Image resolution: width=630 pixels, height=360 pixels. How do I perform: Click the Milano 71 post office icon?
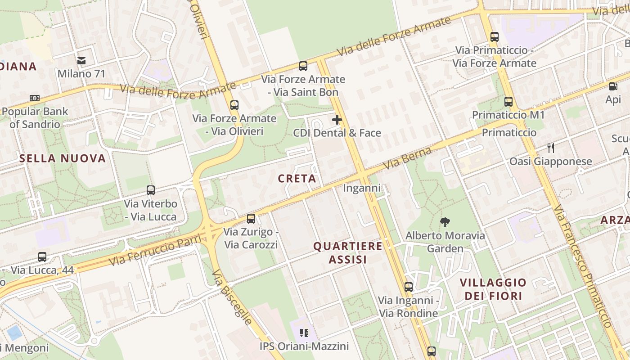click(x=81, y=60)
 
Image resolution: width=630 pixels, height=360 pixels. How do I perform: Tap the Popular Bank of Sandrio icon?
click(x=35, y=98)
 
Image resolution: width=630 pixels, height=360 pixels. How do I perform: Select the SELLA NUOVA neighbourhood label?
click(x=63, y=158)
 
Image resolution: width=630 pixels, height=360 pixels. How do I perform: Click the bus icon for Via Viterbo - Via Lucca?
click(x=151, y=190)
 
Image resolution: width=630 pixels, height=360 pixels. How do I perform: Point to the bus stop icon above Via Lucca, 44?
click(x=42, y=257)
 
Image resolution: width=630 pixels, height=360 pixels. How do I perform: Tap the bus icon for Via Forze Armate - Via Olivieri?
click(x=234, y=105)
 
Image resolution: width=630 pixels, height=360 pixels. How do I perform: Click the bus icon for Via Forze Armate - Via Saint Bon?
click(x=303, y=66)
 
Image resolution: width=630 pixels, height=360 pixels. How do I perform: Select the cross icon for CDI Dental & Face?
click(x=337, y=120)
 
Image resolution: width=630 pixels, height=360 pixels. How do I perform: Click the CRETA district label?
click(x=297, y=179)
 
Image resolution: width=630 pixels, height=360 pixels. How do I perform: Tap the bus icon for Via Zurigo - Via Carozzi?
click(x=251, y=219)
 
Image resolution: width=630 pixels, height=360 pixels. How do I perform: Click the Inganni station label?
click(x=362, y=188)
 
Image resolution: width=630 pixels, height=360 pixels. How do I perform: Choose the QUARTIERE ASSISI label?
click(x=348, y=253)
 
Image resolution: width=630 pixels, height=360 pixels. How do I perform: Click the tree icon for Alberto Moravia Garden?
click(x=445, y=222)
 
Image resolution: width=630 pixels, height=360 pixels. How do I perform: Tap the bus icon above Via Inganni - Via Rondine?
click(x=409, y=287)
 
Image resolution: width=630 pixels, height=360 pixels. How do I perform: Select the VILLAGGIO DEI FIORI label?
click(x=493, y=289)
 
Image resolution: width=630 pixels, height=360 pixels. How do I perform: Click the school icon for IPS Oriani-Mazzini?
click(x=304, y=333)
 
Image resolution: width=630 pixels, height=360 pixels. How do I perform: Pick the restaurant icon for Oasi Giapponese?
click(x=550, y=147)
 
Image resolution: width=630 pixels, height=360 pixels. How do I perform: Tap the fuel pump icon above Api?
click(x=613, y=86)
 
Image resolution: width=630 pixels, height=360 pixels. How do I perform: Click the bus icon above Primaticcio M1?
click(x=508, y=102)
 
